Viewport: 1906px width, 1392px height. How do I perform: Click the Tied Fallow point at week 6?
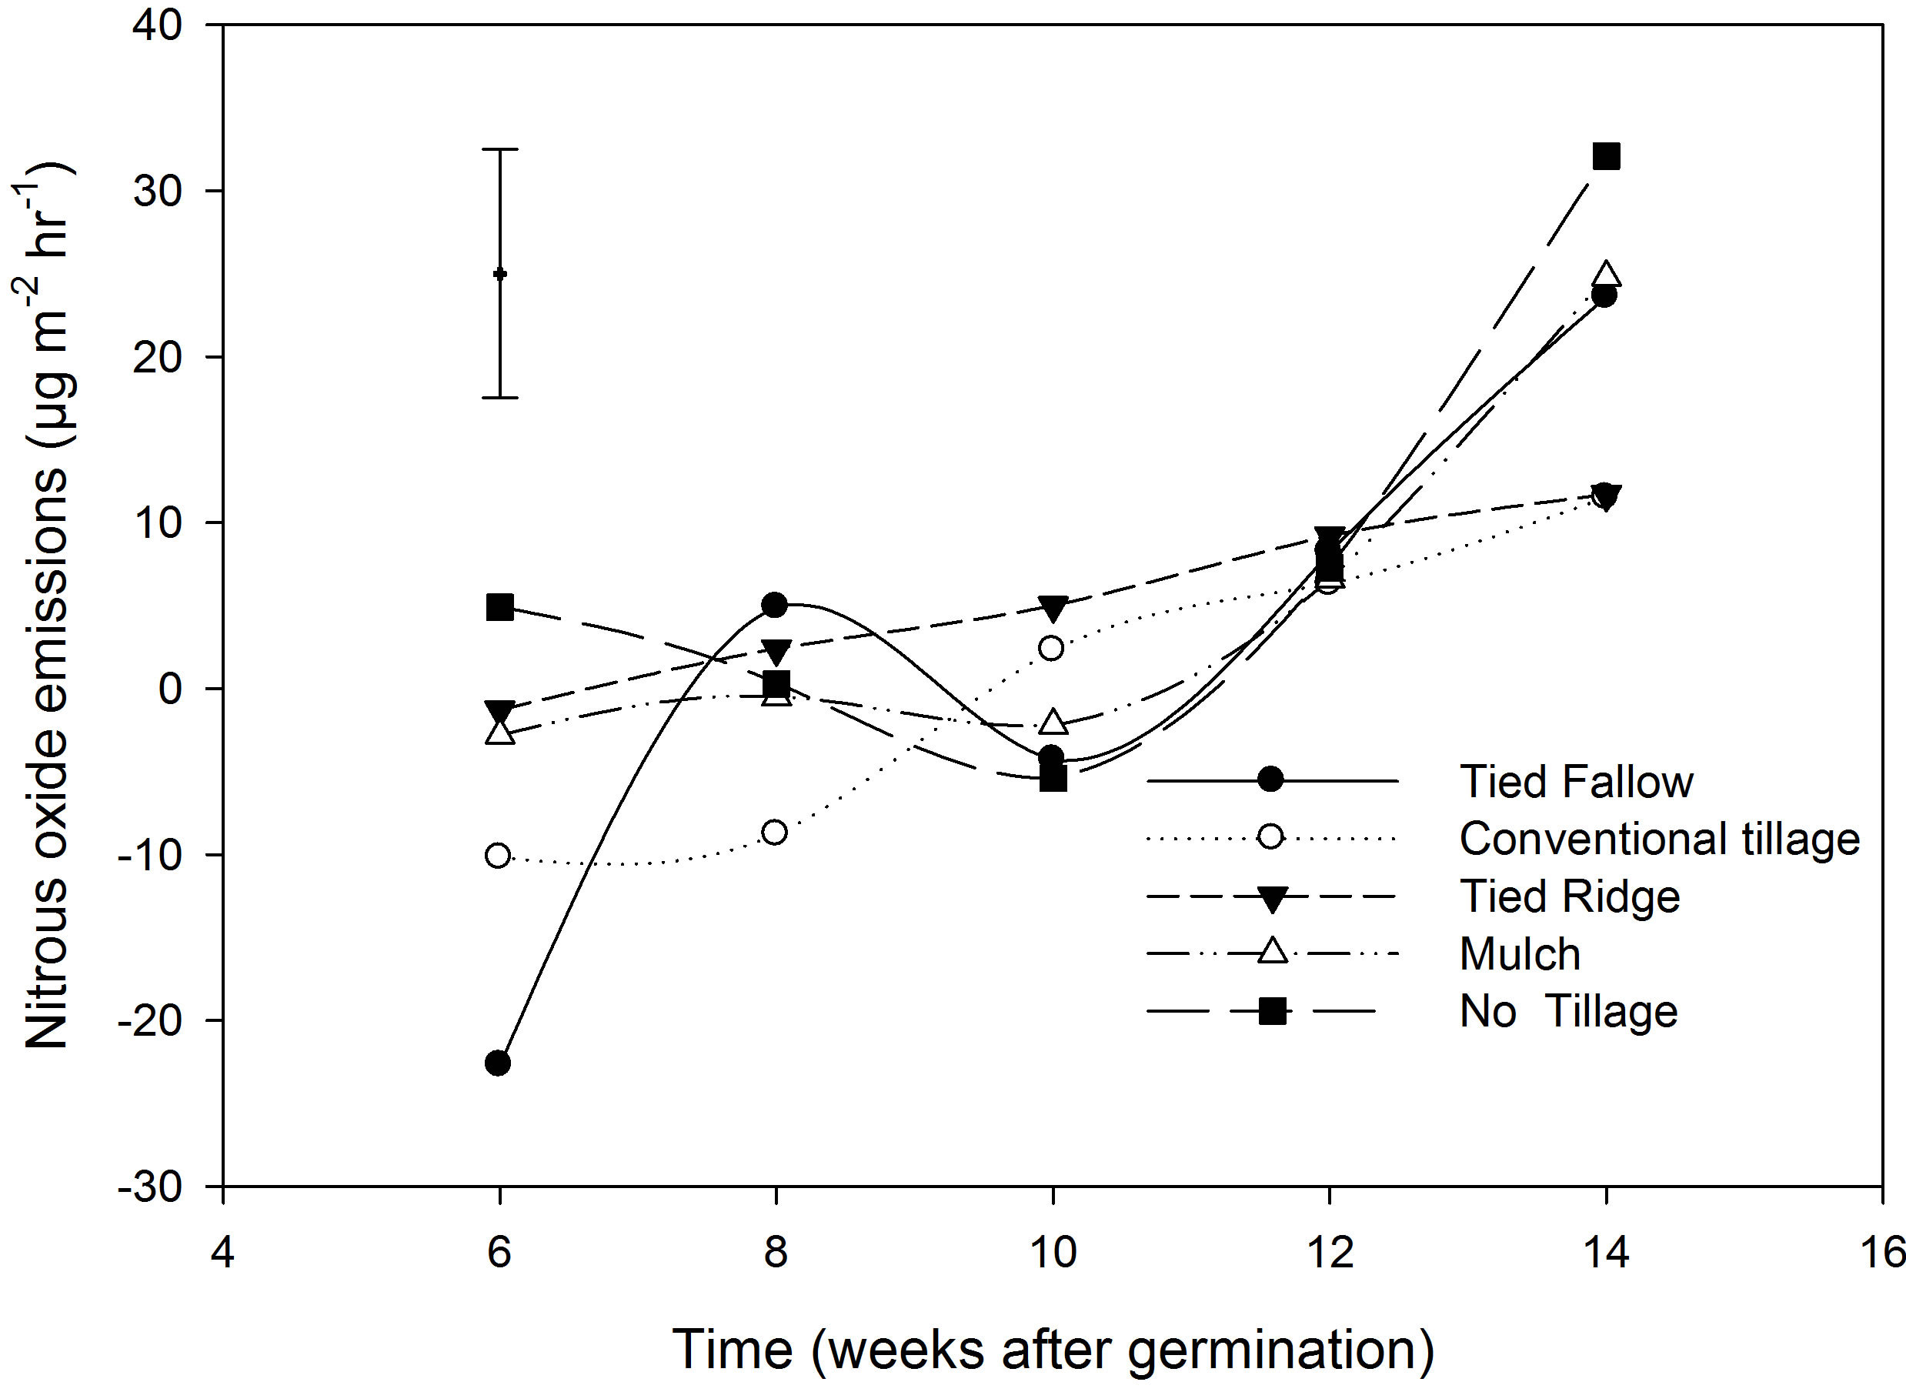[x=498, y=1063]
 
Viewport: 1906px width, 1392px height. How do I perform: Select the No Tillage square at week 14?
[x=1606, y=157]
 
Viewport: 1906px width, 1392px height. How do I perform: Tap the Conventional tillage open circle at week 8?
[x=774, y=833]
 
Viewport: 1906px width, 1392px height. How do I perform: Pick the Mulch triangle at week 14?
[x=1606, y=275]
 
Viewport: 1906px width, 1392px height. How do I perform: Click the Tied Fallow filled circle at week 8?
[x=774, y=604]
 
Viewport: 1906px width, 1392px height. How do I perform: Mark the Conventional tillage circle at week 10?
[x=1052, y=648]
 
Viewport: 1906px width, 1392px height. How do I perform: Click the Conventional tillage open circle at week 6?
[x=498, y=855]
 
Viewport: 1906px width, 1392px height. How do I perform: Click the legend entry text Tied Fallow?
[x=1576, y=781]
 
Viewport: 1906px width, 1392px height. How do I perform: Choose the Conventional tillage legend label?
[x=1659, y=839]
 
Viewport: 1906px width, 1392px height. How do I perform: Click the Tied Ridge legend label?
[x=1569, y=896]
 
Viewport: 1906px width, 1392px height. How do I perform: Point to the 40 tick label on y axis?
[x=158, y=25]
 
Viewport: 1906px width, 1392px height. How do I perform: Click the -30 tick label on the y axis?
[x=151, y=1187]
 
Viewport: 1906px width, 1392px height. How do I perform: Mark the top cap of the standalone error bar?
[x=499, y=149]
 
